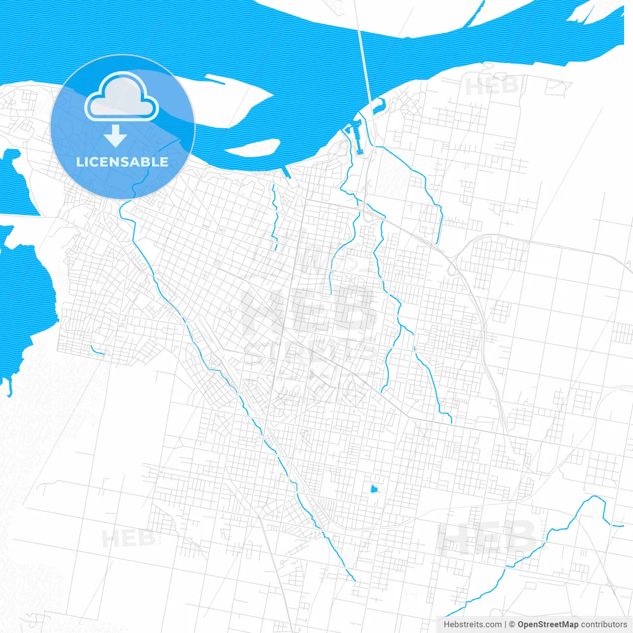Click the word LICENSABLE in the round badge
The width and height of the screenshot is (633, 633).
[122, 162]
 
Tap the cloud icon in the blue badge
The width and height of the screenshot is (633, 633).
[122, 97]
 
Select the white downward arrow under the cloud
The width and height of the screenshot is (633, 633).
[115, 136]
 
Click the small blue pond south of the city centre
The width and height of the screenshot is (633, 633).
[374, 489]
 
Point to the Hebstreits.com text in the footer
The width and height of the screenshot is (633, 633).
[472, 625]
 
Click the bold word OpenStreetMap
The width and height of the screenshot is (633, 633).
[547, 625]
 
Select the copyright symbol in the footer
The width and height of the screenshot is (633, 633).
[512, 625]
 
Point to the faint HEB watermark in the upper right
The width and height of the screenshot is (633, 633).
[492, 86]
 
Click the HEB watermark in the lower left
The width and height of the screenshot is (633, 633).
[128, 538]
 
